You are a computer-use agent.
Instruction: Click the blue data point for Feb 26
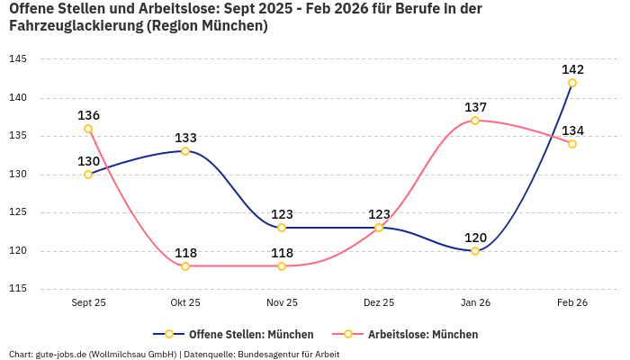coord(572,83)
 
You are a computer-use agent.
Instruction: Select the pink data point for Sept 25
coord(88,129)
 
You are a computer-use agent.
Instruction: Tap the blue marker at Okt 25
coord(185,151)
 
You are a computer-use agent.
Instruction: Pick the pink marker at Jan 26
coord(475,121)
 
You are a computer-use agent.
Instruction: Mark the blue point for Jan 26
coord(475,251)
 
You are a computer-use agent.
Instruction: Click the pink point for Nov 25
coord(282,266)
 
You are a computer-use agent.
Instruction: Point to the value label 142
coord(572,69)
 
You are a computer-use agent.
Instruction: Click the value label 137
coord(475,107)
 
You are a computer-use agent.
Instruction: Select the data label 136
coord(88,115)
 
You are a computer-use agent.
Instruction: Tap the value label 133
coord(185,138)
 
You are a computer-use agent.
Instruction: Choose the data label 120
coord(475,238)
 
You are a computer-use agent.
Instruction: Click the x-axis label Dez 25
coord(379,303)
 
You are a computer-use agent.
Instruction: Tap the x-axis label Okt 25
coord(185,303)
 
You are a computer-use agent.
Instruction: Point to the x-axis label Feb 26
coord(572,303)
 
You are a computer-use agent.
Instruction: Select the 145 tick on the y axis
coord(18,59)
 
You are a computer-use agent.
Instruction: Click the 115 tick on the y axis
coord(18,289)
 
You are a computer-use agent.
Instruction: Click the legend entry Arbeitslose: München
coord(422,334)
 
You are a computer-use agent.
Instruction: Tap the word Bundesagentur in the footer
coord(266,354)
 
